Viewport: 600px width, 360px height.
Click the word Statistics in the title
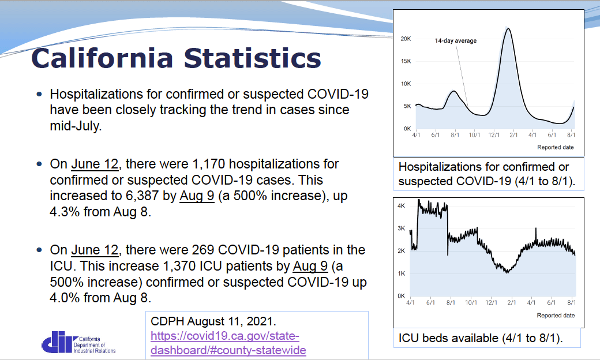252,59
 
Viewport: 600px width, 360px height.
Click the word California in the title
102,59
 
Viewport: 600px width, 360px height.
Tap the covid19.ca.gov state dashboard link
228,343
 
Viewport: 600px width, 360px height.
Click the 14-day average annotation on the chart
455,41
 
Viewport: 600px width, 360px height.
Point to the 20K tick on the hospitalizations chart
406,39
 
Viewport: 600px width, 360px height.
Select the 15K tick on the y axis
406,61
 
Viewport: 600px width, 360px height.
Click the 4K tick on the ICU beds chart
401,205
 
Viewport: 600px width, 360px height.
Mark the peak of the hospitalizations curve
508,28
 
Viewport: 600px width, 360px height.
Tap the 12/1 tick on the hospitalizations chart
494,135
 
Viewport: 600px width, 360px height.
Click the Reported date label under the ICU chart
555,316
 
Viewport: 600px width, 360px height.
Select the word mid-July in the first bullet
76,125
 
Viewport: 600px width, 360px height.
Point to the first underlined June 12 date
94,165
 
